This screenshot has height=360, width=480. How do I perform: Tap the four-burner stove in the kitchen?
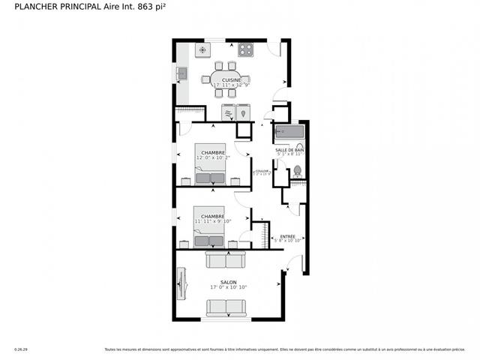[246, 50]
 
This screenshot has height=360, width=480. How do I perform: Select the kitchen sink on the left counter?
[182, 73]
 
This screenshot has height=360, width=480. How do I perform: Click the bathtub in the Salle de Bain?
[289, 132]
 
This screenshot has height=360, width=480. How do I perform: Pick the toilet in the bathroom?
[297, 171]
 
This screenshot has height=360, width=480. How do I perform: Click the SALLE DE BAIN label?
[289, 151]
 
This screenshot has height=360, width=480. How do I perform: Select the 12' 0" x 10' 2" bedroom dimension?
[213, 158]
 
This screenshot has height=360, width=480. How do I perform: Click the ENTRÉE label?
[287, 236]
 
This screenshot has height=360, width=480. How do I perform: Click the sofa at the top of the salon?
[226, 259]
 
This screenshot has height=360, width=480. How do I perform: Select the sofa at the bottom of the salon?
[226, 307]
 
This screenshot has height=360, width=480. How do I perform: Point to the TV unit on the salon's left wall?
[180, 286]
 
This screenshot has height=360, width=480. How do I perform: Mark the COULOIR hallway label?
[261, 171]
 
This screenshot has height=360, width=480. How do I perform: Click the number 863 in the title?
[148, 6]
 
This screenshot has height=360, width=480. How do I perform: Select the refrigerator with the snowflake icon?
[202, 50]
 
